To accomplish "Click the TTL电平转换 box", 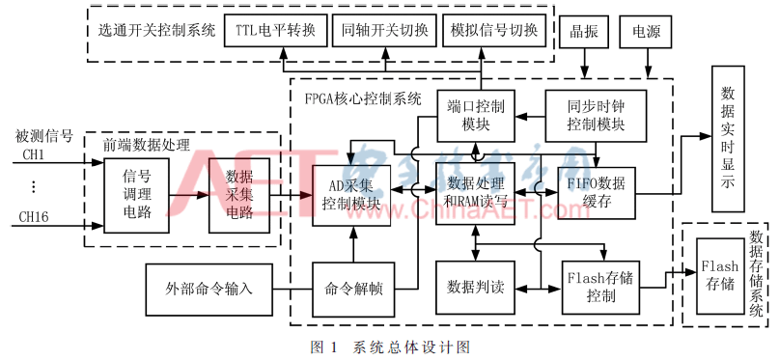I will pos(275,31).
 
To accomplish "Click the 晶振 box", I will pos(585,31).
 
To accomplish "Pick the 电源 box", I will pos(647,31).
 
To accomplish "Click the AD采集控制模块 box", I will pos(352,195).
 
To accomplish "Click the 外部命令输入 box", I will pos(209,288).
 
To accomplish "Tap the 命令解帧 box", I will pos(351,288).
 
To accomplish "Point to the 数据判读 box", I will pos(473,288).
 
